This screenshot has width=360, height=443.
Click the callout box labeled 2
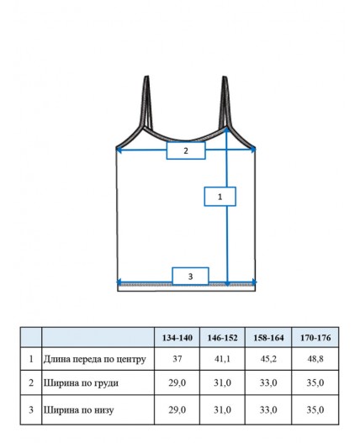click(186, 150)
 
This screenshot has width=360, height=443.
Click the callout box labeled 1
click(220, 197)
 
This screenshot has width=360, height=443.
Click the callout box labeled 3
click(190, 276)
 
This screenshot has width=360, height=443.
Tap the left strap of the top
click(146, 103)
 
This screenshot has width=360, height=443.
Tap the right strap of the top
click(225, 103)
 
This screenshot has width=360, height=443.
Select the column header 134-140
click(177, 338)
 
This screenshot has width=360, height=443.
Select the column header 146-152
click(223, 338)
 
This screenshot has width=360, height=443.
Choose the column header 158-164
click(268, 338)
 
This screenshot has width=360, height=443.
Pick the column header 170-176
click(315, 338)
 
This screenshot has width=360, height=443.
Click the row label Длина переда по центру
click(95, 360)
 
